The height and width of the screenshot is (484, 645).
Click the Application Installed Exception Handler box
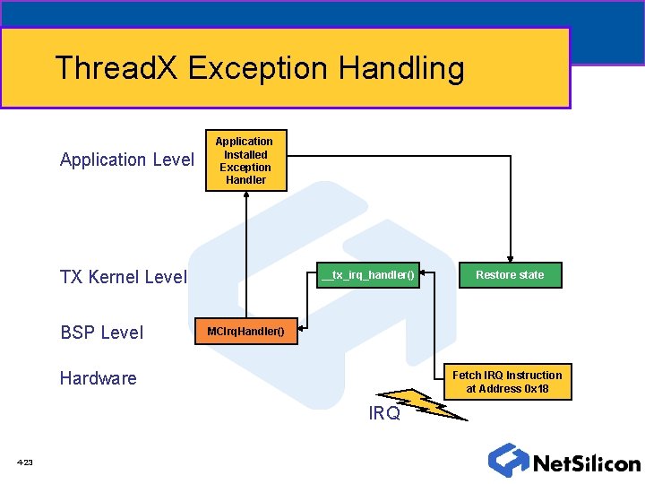pos(245,160)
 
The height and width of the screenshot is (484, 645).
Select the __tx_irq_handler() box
pos(368,274)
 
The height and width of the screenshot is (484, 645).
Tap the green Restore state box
pos(509,274)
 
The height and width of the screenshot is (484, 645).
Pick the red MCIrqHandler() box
pos(245,332)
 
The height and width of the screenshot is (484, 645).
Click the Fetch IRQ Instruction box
pos(507,382)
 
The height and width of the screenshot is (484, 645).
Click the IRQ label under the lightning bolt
pos(384,413)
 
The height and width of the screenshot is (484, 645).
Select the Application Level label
pos(126,160)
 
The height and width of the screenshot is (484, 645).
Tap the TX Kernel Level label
pos(123,277)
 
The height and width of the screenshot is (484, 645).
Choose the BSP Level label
pos(101,333)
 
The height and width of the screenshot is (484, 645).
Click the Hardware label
pos(98,378)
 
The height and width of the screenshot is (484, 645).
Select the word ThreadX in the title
pos(117,68)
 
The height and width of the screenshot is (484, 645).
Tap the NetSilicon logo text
pos(587,463)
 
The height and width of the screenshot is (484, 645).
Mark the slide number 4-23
pos(24,462)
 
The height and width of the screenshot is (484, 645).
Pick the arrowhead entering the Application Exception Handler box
pos(245,195)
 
